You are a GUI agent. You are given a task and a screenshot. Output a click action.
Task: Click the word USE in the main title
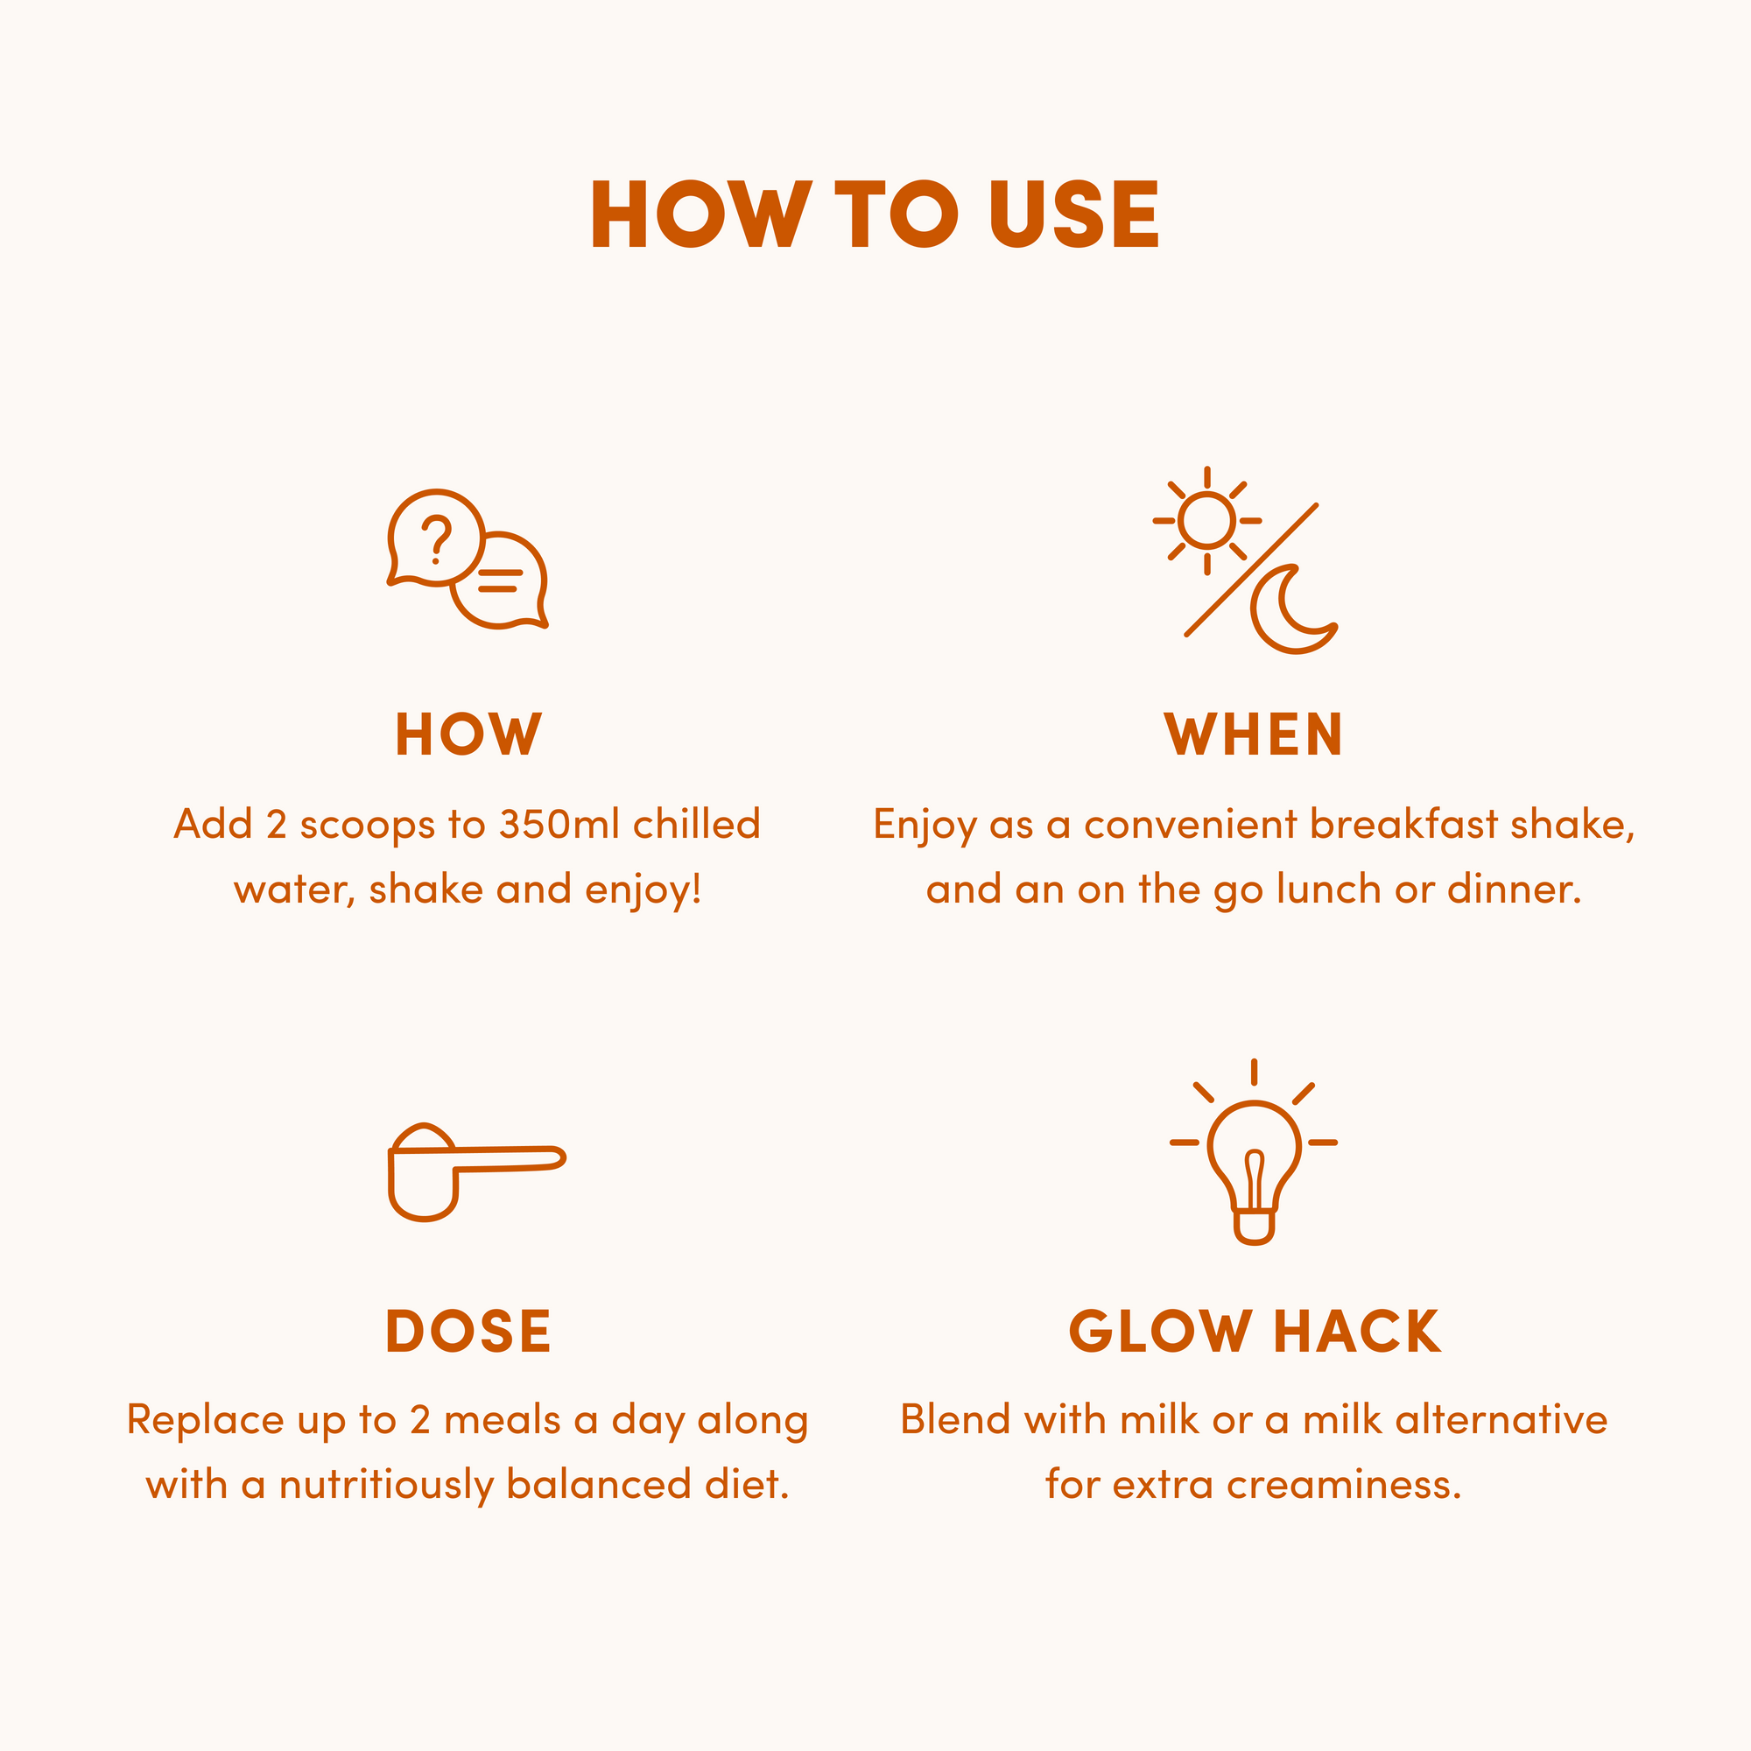click(1074, 214)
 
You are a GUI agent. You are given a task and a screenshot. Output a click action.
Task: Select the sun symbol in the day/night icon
click(1206, 521)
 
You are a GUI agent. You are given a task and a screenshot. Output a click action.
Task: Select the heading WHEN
click(1254, 735)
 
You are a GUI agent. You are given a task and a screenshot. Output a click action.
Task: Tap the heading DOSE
click(468, 1332)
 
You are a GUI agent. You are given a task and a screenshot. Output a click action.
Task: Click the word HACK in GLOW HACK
click(1356, 1332)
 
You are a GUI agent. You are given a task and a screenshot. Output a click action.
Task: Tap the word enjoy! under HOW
click(643, 890)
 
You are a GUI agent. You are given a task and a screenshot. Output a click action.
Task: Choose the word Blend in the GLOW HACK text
click(954, 1419)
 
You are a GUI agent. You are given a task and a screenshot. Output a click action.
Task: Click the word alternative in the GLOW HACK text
click(1501, 1419)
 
